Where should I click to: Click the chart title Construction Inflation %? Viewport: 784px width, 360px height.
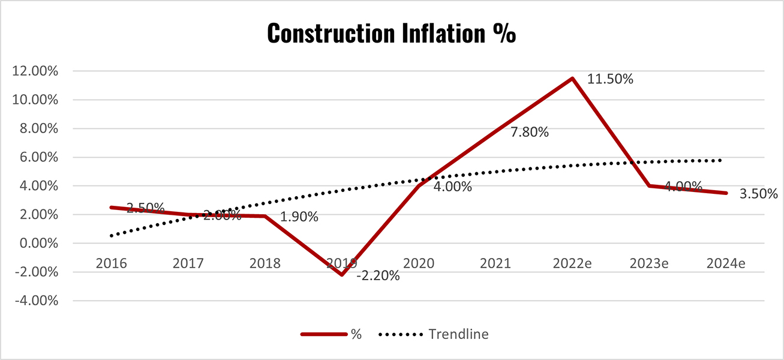pyautogui.click(x=391, y=33)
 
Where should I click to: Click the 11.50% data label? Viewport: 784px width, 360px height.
pyautogui.click(x=610, y=79)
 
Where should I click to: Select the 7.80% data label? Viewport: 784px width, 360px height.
pyautogui.click(x=530, y=133)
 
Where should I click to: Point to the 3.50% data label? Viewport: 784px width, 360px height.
pyautogui.click(x=758, y=194)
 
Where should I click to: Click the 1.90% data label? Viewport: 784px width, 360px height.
pyautogui.click(x=299, y=217)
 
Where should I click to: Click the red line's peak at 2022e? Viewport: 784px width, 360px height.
pyautogui.click(x=573, y=78)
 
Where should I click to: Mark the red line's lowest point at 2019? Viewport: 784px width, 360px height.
pyautogui.click(x=341, y=275)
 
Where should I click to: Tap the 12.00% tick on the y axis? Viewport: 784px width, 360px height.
pyautogui.click(x=35, y=71)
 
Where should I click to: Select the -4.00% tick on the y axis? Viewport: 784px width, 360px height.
pyautogui.click(x=35, y=301)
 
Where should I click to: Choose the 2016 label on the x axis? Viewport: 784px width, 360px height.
pyautogui.click(x=110, y=263)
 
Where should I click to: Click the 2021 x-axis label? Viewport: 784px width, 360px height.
pyautogui.click(x=495, y=263)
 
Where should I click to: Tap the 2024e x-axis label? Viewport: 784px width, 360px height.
pyautogui.click(x=726, y=263)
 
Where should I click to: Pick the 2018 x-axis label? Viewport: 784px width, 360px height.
pyautogui.click(x=265, y=263)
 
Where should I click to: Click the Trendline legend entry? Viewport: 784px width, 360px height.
pyautogui.click(x=458, y=335)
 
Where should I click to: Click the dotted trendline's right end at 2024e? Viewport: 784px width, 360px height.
pyautogui.click(x=722, y=160)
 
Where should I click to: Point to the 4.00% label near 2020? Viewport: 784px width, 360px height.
pyautogui.click(x=453, y=187)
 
